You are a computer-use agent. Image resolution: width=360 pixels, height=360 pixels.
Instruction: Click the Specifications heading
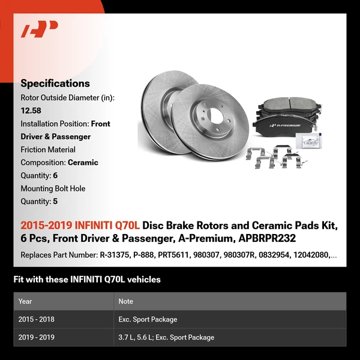pyautogui.click(x=55, y=83)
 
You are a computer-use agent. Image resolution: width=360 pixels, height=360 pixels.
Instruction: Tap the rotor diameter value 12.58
pyautogui.click(x=31, y=110)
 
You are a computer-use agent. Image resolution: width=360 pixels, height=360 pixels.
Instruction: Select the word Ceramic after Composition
pyautogui.click(x=83, y=163)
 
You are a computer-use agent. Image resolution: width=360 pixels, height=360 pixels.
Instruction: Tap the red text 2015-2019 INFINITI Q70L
pyautogui.click(x=80, y=226)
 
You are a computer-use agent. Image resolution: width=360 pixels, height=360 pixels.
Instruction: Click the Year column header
pyautogui.click(x=25, y=301)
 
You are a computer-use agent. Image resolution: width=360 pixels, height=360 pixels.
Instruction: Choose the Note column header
pyautogui.click(x=126, y=301)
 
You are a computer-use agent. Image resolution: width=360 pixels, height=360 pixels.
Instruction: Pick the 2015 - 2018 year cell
pyautogui.click(x=37, y=319)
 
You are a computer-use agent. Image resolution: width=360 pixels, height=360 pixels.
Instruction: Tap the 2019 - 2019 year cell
pyautogui.click(x=37, y=337)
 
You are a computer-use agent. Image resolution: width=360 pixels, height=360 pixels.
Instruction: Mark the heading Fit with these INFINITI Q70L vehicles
pyautogui.click(x=87, y=280)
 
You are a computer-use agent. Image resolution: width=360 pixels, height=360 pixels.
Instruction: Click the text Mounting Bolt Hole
pyautogui.click(x=53, y=188)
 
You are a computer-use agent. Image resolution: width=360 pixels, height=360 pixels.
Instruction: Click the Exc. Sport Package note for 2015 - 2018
pyautogui.click(x=148, y=319)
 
